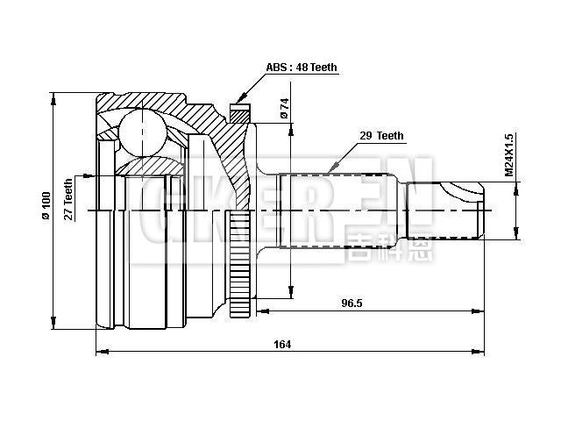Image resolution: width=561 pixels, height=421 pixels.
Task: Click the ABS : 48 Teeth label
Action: pos(302,68)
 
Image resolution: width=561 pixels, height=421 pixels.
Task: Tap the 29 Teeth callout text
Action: pos(382,136)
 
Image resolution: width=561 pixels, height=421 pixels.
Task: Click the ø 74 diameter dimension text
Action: pos(285,108)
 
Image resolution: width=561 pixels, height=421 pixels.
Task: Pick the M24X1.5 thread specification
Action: pos(508,155)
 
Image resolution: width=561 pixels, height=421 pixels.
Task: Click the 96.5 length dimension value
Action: pos(353,303)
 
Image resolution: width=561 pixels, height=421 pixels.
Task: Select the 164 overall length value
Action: pos(282,344)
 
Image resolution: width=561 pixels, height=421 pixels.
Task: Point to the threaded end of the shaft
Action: pos(448,210)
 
